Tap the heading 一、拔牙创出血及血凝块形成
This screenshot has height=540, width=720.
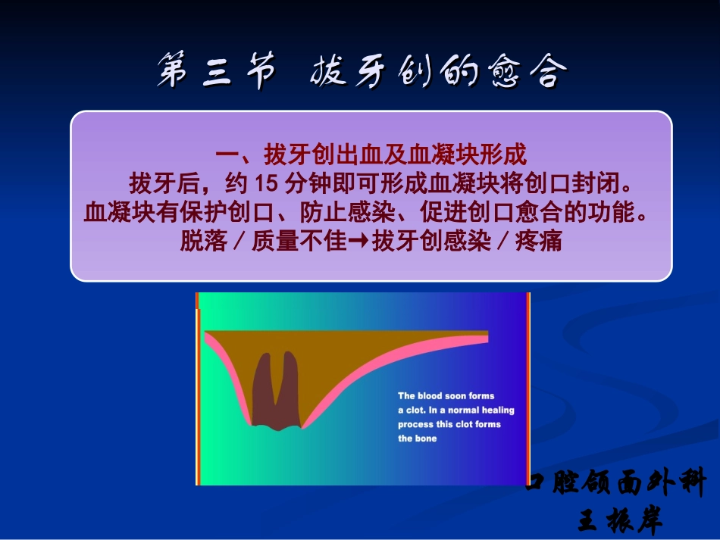click(371, 155)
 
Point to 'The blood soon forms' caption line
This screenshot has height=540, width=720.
click(446, 396)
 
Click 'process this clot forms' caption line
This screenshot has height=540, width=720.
click(449, 424)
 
